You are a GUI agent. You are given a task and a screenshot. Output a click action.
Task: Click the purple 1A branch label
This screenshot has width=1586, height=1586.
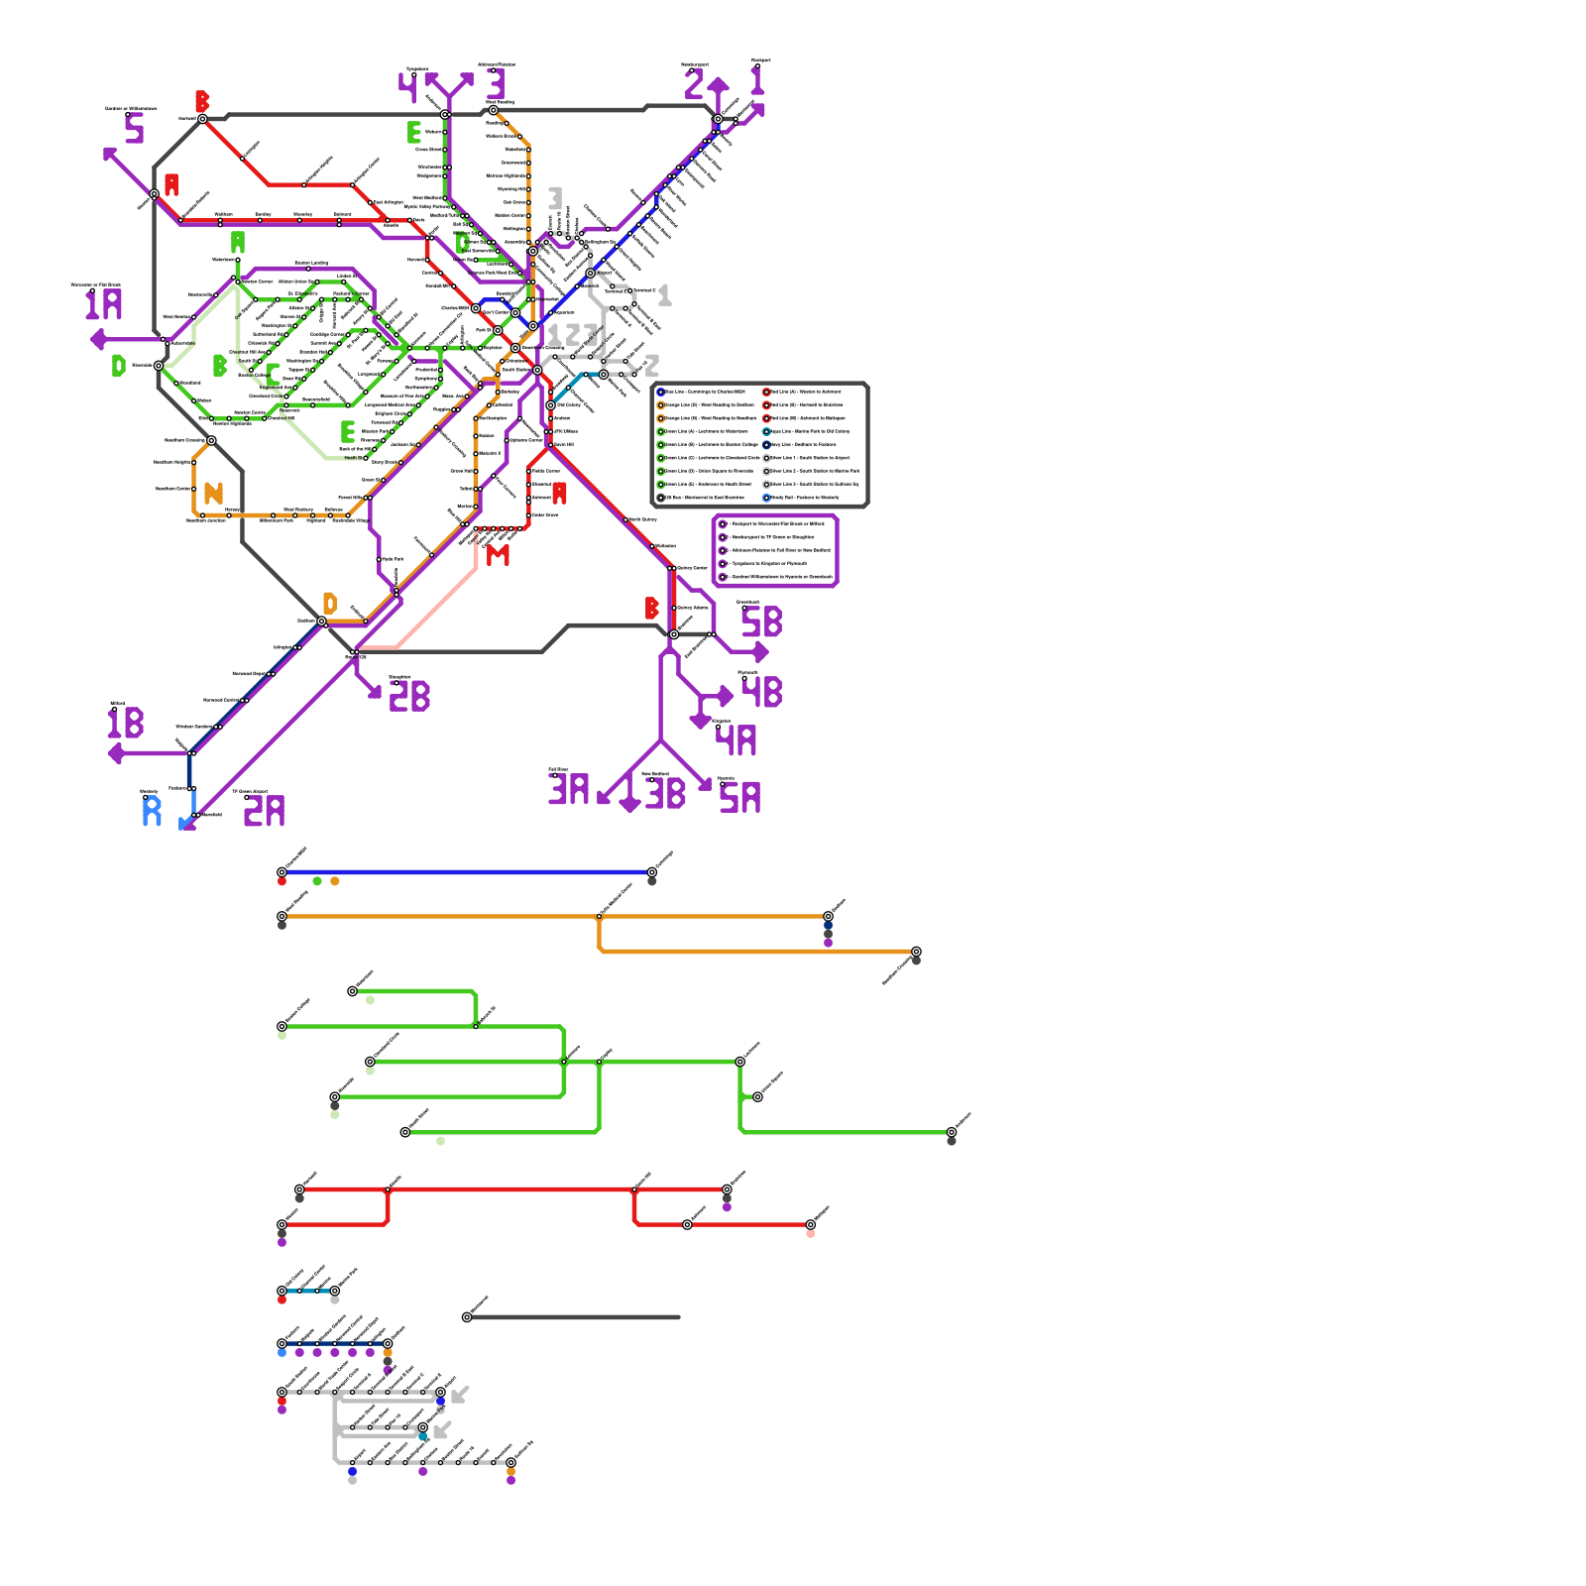point(103,304)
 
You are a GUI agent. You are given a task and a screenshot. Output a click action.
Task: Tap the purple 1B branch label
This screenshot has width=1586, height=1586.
point(126,723)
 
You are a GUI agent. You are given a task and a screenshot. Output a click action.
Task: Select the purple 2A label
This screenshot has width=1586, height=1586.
point(264,811)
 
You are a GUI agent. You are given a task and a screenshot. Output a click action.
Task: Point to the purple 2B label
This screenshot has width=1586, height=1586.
point(409,697)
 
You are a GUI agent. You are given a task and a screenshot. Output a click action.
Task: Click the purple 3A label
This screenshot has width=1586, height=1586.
point(569,789)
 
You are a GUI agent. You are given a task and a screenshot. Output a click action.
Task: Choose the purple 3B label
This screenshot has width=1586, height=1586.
point(665,794)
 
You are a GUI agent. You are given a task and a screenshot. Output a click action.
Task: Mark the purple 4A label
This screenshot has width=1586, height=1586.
point(736,740)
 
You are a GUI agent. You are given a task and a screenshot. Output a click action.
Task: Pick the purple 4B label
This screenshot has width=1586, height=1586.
point(762,692)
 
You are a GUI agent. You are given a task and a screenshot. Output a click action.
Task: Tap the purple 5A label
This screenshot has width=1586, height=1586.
point(739,797)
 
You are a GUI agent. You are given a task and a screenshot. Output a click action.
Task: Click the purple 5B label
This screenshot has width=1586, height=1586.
point(762,623)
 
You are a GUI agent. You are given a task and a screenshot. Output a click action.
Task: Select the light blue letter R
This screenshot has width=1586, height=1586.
point(152,811)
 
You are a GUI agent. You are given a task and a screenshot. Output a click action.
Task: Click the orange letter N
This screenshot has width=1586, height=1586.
point(213,493)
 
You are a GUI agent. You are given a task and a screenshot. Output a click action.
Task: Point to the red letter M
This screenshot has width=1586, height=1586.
point(498,555)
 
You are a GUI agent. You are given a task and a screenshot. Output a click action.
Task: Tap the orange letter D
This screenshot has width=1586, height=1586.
point(330,603)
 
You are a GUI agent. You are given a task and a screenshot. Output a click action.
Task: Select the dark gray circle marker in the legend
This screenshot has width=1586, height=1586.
point(661,498)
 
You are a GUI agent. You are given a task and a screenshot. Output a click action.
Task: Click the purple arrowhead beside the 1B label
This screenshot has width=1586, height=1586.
point(115,754)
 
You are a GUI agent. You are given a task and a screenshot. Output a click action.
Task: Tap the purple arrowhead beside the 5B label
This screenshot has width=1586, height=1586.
point(761,652)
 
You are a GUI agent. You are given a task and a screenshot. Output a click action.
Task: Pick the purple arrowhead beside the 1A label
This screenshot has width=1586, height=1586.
point(97,340)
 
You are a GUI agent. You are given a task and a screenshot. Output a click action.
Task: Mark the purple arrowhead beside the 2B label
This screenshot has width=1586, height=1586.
point(375,693)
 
